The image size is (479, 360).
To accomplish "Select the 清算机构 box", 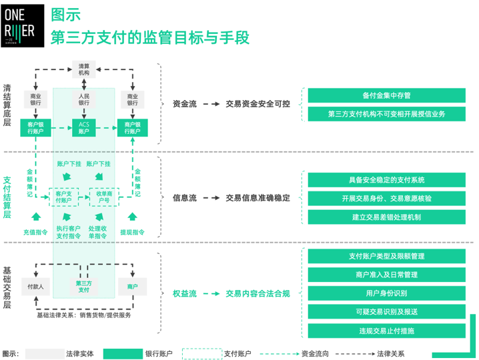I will tap(84, 69).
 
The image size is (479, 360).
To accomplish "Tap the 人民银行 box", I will tap(84, 99).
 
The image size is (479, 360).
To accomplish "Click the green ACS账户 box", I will tap(84, 128).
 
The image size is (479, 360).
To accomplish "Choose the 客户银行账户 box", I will tap(36, 128).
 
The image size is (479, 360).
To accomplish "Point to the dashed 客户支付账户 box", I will tap(64, 197).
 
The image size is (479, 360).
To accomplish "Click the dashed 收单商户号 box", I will tap(104, 197).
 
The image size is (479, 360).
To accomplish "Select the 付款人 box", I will tap(36, 286).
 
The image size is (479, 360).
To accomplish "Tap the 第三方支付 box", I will tap(84, 286).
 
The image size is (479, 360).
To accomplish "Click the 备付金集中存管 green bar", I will tap(386, 95).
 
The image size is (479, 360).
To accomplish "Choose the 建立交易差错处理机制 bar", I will tap(386, 217).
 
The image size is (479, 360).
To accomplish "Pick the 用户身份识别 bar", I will tap(386, 293).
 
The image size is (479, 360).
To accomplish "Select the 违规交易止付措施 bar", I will tap(386, 331).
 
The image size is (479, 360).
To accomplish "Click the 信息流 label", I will tap(184, 198).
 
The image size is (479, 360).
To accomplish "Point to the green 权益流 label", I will tap(184, 293).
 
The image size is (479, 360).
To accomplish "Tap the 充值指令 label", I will tap(36, 233).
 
